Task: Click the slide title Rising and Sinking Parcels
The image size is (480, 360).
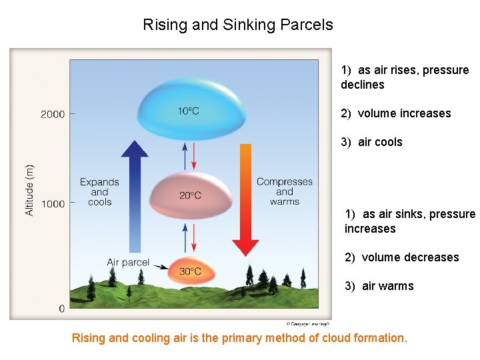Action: point(238,25)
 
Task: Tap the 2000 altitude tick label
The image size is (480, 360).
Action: point(53,114)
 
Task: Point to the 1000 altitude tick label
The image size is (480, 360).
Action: point(53,203)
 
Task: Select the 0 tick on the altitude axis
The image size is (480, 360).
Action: point(61,309)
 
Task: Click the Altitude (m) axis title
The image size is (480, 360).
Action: point(29,190)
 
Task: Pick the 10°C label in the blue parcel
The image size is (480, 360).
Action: point(188,111)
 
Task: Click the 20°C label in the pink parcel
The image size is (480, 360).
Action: point(189,195)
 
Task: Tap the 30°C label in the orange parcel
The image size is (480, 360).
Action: point(189,271)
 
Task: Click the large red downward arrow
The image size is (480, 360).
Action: point(245,200)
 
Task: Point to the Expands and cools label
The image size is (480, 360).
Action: point(99,192)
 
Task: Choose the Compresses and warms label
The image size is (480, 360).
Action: point(285,191)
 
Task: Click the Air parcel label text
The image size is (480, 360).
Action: point(128,262)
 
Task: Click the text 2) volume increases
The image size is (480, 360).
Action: point(396,113)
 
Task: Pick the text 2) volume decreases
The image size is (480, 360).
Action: point(402,257)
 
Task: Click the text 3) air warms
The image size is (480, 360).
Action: point(379,286)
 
